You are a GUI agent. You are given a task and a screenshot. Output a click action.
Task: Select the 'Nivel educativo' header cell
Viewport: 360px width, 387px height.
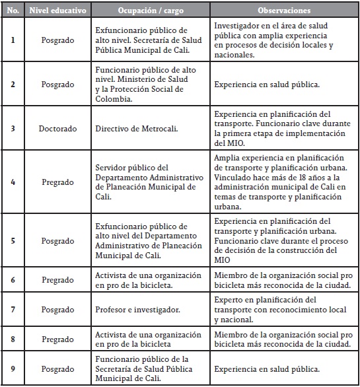pos(57,11)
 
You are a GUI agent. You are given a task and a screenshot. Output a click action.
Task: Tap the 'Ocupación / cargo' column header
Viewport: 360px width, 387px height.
pos(149,11)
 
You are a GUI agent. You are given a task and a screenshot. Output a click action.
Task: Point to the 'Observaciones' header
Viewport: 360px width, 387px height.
pos(284,11)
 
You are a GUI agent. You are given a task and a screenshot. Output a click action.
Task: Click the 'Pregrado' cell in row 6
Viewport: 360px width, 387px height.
pos(57,281)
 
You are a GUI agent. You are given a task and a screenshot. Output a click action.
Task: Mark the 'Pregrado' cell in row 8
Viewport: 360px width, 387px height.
pos(57,339)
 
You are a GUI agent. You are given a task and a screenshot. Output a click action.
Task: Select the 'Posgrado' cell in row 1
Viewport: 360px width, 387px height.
pos(57,40)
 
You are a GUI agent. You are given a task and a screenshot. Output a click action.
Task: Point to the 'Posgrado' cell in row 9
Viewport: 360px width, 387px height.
pos(57,368)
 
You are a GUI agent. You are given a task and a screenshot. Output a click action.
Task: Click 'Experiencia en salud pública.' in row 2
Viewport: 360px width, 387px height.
pos(268,85)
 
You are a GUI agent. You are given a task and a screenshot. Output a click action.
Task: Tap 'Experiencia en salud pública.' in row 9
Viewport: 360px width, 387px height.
pos(268,368)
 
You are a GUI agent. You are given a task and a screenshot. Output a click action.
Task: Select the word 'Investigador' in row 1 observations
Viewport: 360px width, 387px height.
pos(237,25)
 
